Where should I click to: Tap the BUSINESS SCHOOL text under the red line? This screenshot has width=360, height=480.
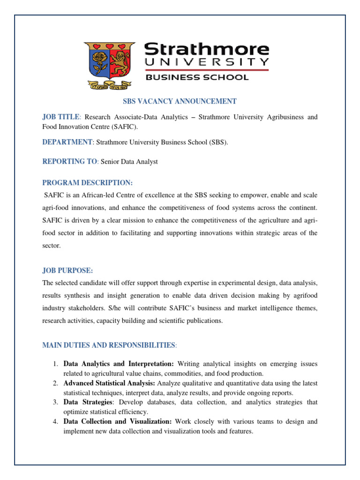click(197, 77)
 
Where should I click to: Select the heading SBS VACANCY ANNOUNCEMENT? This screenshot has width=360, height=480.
click(180, 101)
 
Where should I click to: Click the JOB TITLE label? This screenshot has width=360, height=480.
click(61, 117)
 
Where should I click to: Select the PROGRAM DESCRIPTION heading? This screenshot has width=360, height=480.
click(88, 182)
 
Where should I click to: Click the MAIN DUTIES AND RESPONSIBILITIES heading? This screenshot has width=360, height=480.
click(109, 345)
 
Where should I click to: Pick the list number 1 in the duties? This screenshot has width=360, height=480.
click(55, 364)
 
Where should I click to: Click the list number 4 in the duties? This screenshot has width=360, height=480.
click(55, 421)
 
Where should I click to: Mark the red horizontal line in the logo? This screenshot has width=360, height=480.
click(206, 70)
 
